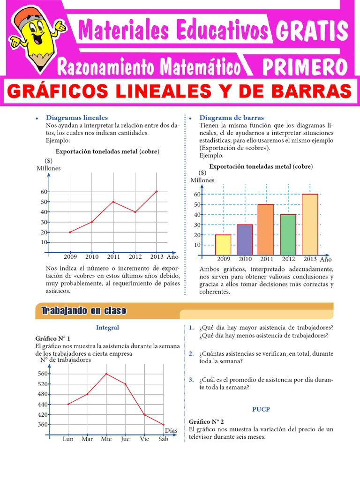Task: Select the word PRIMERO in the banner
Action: click(x=305, y=67)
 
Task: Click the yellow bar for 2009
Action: click(x=223, y=245)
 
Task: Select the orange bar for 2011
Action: click(x=266, y=230)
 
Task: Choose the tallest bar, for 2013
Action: click(x=310, y=225)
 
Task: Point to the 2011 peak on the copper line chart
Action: click(x=113, y=202)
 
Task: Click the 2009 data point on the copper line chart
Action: click(x=70, y=232)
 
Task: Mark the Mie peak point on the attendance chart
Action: click(x=106, y=374)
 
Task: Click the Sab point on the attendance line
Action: click(x=164, y=425)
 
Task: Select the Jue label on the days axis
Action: click(x=125, y=439)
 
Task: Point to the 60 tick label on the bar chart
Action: click(x=197, y=194)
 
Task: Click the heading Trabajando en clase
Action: click(x=83, y=311)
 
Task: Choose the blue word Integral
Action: click(x=107, y=328)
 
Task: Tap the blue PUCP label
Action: click(x=261, y=409)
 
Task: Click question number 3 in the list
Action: click(x=192, y=380)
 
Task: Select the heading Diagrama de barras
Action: click(x=232, y=118)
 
